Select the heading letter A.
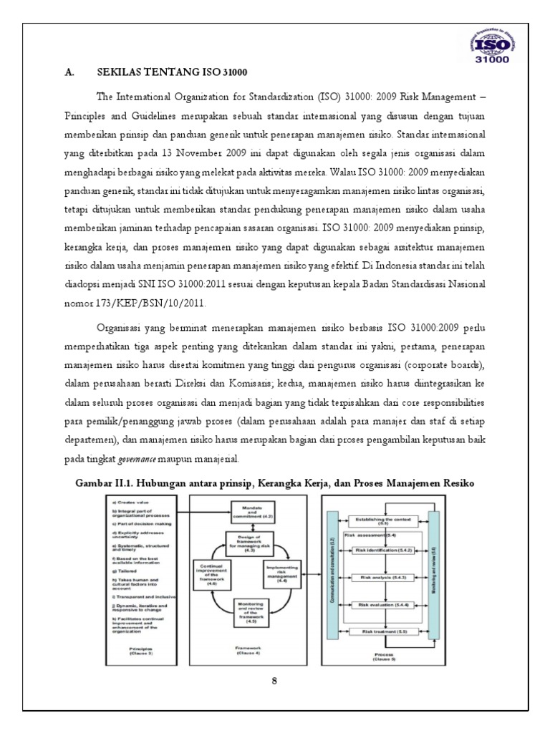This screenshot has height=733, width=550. [x=69, y=72]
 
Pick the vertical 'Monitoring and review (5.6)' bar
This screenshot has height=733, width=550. [x=433, y=573]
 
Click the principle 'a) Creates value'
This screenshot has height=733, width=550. [x=127, y=505]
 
